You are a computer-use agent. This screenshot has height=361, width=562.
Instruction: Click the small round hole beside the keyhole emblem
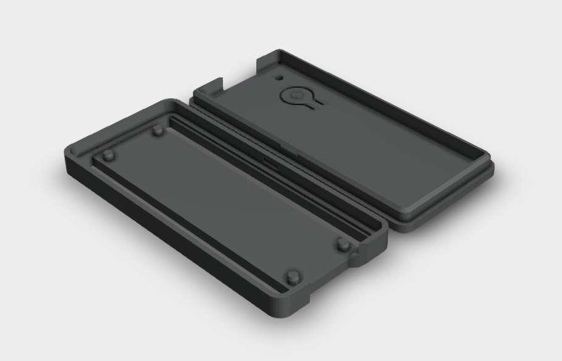tap(279, 79)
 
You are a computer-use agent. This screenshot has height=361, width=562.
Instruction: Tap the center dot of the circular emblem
tap(297, 96)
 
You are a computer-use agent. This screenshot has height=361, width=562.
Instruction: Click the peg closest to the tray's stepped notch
tap(343, 245)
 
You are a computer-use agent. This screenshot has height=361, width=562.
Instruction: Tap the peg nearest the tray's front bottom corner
tap(291, 274)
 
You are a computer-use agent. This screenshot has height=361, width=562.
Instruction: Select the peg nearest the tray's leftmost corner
tap(109, 155)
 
